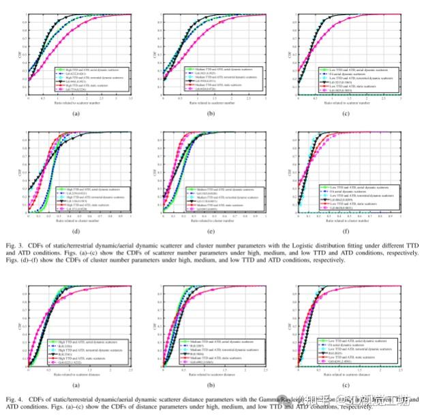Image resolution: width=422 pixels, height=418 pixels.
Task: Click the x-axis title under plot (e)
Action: [211, 220]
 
